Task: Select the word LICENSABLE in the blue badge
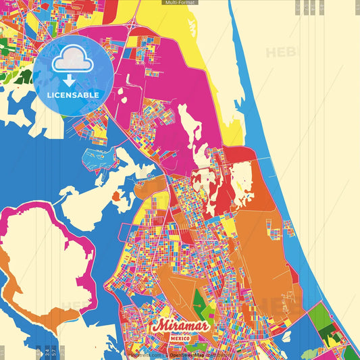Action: pyautogui.click(x=73, y=95)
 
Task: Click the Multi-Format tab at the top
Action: pyautogui.click(x=180, y=3)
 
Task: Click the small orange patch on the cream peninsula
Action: pyautogui.click(x=115, y=197)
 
